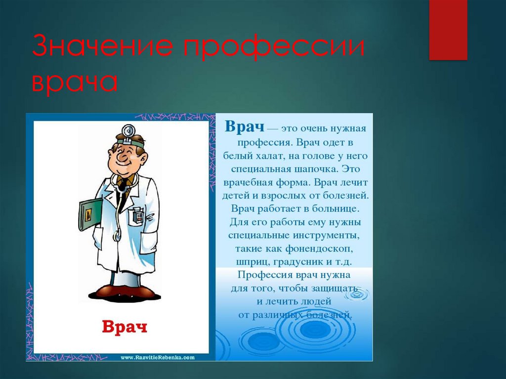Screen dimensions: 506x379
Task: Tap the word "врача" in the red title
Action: tap(75, 82)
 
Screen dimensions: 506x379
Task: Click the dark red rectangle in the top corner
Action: tap(448, 30)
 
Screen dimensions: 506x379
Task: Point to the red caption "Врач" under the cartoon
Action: tap(125, 327)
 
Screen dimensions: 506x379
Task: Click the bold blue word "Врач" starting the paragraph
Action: tap(245, 126)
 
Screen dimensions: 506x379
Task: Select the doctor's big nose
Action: tap(123, 158)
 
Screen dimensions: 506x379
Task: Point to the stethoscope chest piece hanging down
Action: tap(117, 237)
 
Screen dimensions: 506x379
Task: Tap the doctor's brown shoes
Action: tap(125, 292)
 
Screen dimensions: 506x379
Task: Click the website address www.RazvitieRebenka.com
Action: tap(158, 357)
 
